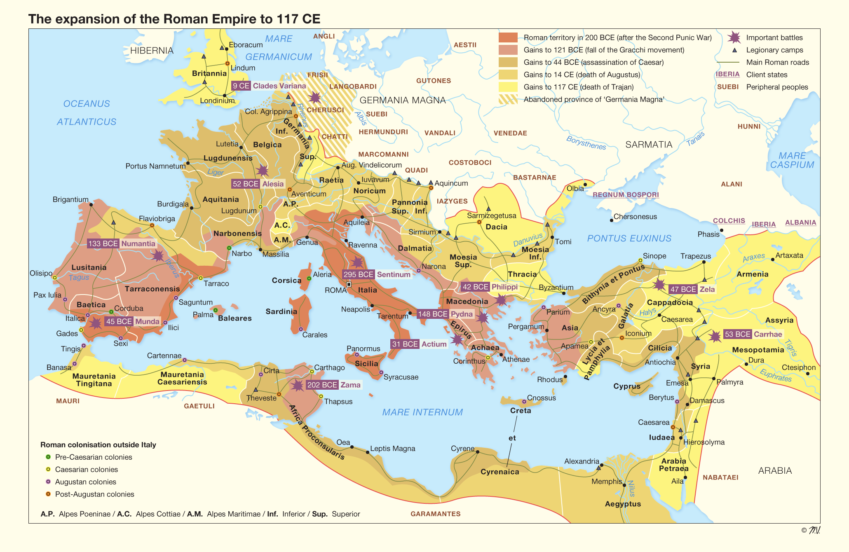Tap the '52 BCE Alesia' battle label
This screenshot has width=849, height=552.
tap(258, 184)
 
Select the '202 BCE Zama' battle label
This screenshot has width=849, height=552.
tap(333, 385)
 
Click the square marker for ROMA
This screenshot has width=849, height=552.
tap(349, 284)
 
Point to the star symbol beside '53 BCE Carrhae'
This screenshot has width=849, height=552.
tap(715, 336)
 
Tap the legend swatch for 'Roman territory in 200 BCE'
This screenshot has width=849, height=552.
tap(508, 37)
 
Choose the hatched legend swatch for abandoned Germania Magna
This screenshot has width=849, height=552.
tap(508, 99)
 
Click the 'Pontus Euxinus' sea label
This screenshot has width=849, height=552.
tap(629, 238)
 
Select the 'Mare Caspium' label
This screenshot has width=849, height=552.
tap(792, 160)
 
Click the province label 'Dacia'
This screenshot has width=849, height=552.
tap(496, 227)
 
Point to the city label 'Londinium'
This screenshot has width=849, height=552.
tap(217, 101)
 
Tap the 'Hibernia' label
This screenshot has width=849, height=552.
tap(152, 51)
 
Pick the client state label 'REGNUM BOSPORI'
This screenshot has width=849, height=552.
tap(626, 194)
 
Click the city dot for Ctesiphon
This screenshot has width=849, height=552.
tap(808, 374)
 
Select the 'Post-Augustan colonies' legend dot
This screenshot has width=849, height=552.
tap(48, 494)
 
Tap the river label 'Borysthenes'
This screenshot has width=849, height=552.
tap(586, 143)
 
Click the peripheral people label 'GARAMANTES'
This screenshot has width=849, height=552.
tap(435, 514)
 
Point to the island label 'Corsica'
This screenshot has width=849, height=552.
tap(286, 280)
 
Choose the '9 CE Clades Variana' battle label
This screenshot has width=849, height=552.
tap(269, 86)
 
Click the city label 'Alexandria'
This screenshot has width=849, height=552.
tap(582, 461)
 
